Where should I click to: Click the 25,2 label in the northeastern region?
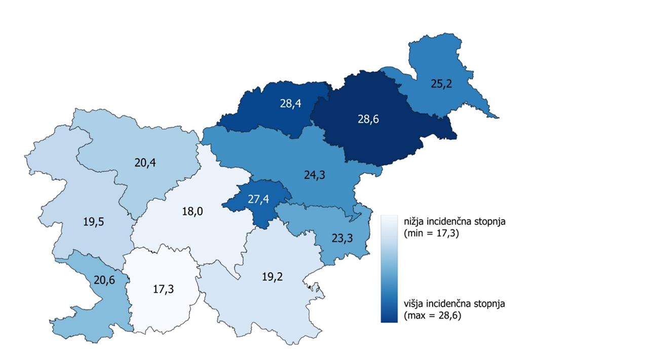coord(441,84)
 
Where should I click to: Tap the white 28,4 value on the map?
coord(290,103)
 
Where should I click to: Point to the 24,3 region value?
coord(314,175)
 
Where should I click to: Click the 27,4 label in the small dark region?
coord(258,199)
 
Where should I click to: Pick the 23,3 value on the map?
coord(342,237)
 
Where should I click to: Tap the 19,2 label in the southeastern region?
coord(272,276)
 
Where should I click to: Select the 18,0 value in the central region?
coord(192,211)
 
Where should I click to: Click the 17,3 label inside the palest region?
coord(163,289)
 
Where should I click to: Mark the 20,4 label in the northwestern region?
coord(145,163)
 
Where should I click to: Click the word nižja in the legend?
coord(414,222)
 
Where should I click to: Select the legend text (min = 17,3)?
coord(432,233)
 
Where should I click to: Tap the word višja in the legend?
coord(413,304)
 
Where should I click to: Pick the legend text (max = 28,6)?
coord(433,315)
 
